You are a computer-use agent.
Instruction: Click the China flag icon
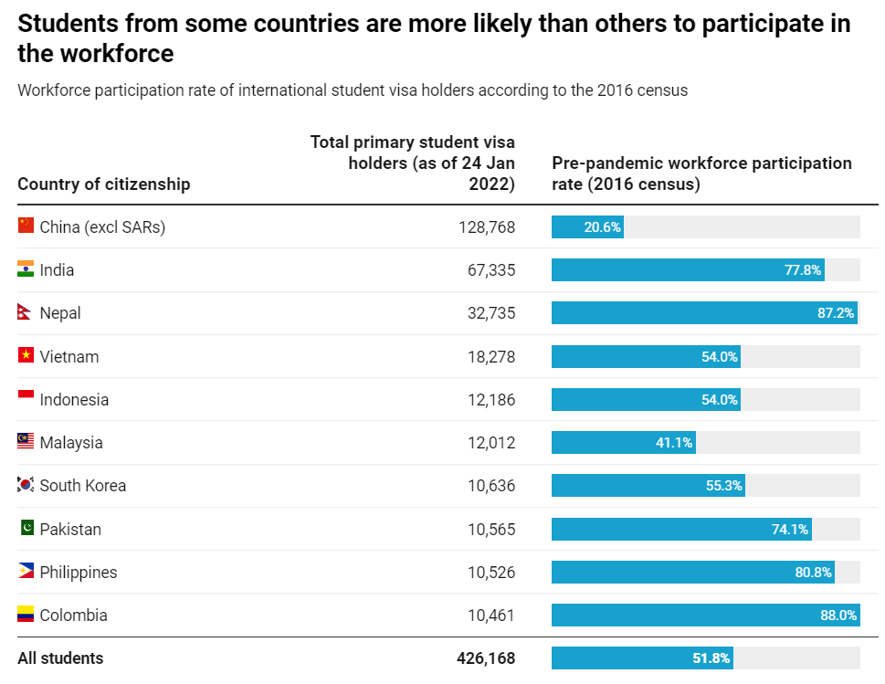[x=26, y=226]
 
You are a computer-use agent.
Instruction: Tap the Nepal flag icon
[x=25, y=313]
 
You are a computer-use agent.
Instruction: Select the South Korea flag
[x=26, y=485]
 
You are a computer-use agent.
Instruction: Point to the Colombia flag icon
[x=26, y=615]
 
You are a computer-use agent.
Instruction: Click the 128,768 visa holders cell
[x=486, y=227]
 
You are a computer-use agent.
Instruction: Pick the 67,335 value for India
[x=490, y=270]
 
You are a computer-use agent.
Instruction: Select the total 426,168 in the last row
[x=485, y=658]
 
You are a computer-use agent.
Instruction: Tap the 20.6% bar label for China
[x=602, y=227]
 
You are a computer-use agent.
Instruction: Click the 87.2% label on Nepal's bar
[x=835, y=313]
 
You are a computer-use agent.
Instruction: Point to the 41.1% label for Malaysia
[x=674, y=443]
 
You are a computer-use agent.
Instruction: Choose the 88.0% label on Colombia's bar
[x=838, y=616]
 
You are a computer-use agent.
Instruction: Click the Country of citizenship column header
[x=104, y=184]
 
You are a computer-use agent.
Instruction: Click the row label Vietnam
[x=68, y=357]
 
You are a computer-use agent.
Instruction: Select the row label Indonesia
[x=74, y=400]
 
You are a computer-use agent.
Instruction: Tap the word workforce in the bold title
[x=116, y=54]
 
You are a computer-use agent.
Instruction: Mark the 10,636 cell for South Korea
[x=490, y=486]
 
